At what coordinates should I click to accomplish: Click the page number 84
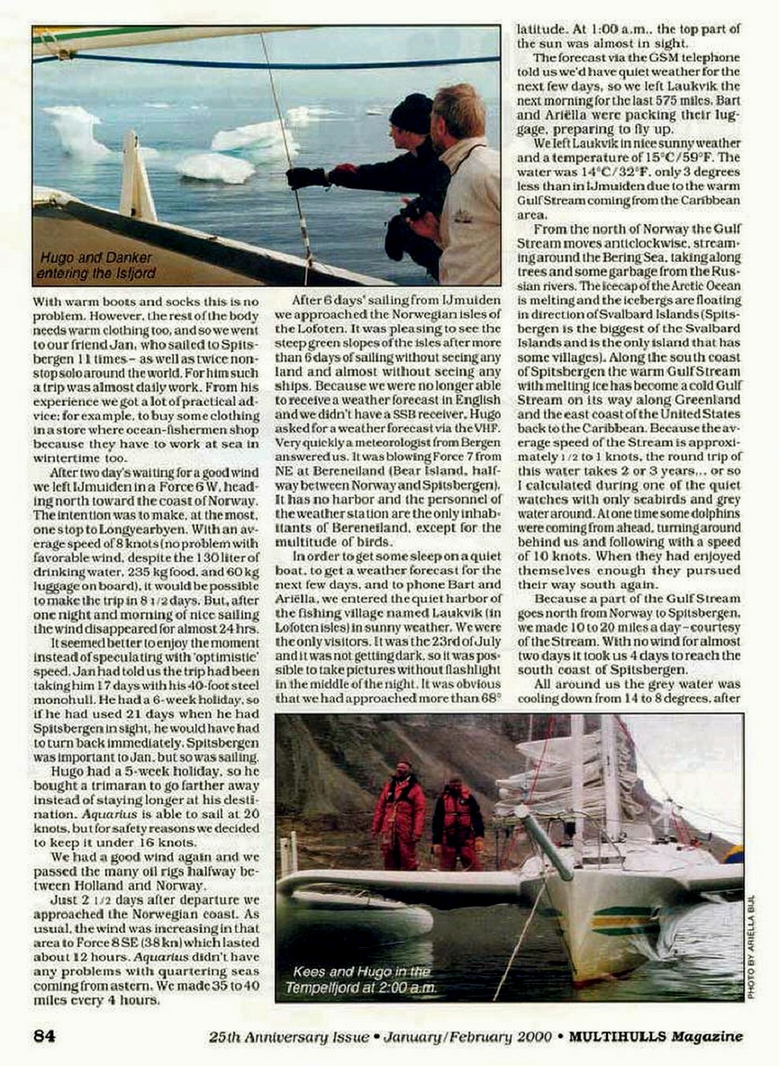(44, 1035)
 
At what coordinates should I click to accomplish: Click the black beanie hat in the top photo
(412, 113)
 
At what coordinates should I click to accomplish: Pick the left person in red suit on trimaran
(399, 810)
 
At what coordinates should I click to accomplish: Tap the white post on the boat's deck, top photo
(137, 177)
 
